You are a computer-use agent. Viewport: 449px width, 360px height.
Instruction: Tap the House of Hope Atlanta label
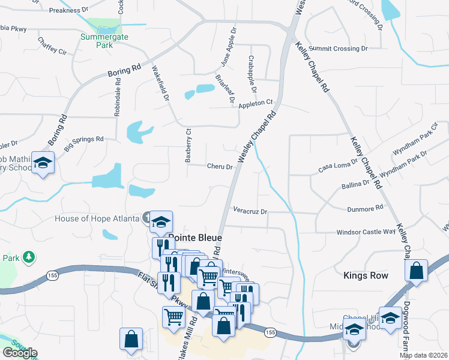[97, 218]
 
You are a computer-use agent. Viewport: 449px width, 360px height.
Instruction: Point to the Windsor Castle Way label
[366, 231]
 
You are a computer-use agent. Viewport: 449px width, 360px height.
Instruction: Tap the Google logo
[20, 353]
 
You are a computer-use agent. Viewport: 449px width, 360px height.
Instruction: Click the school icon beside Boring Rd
[43, 162]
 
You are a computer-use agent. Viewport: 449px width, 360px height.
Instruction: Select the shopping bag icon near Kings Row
[416, 271]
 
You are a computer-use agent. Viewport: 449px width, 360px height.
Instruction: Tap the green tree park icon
[28, 257]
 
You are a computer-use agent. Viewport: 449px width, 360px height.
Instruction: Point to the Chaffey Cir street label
[52, 46]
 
